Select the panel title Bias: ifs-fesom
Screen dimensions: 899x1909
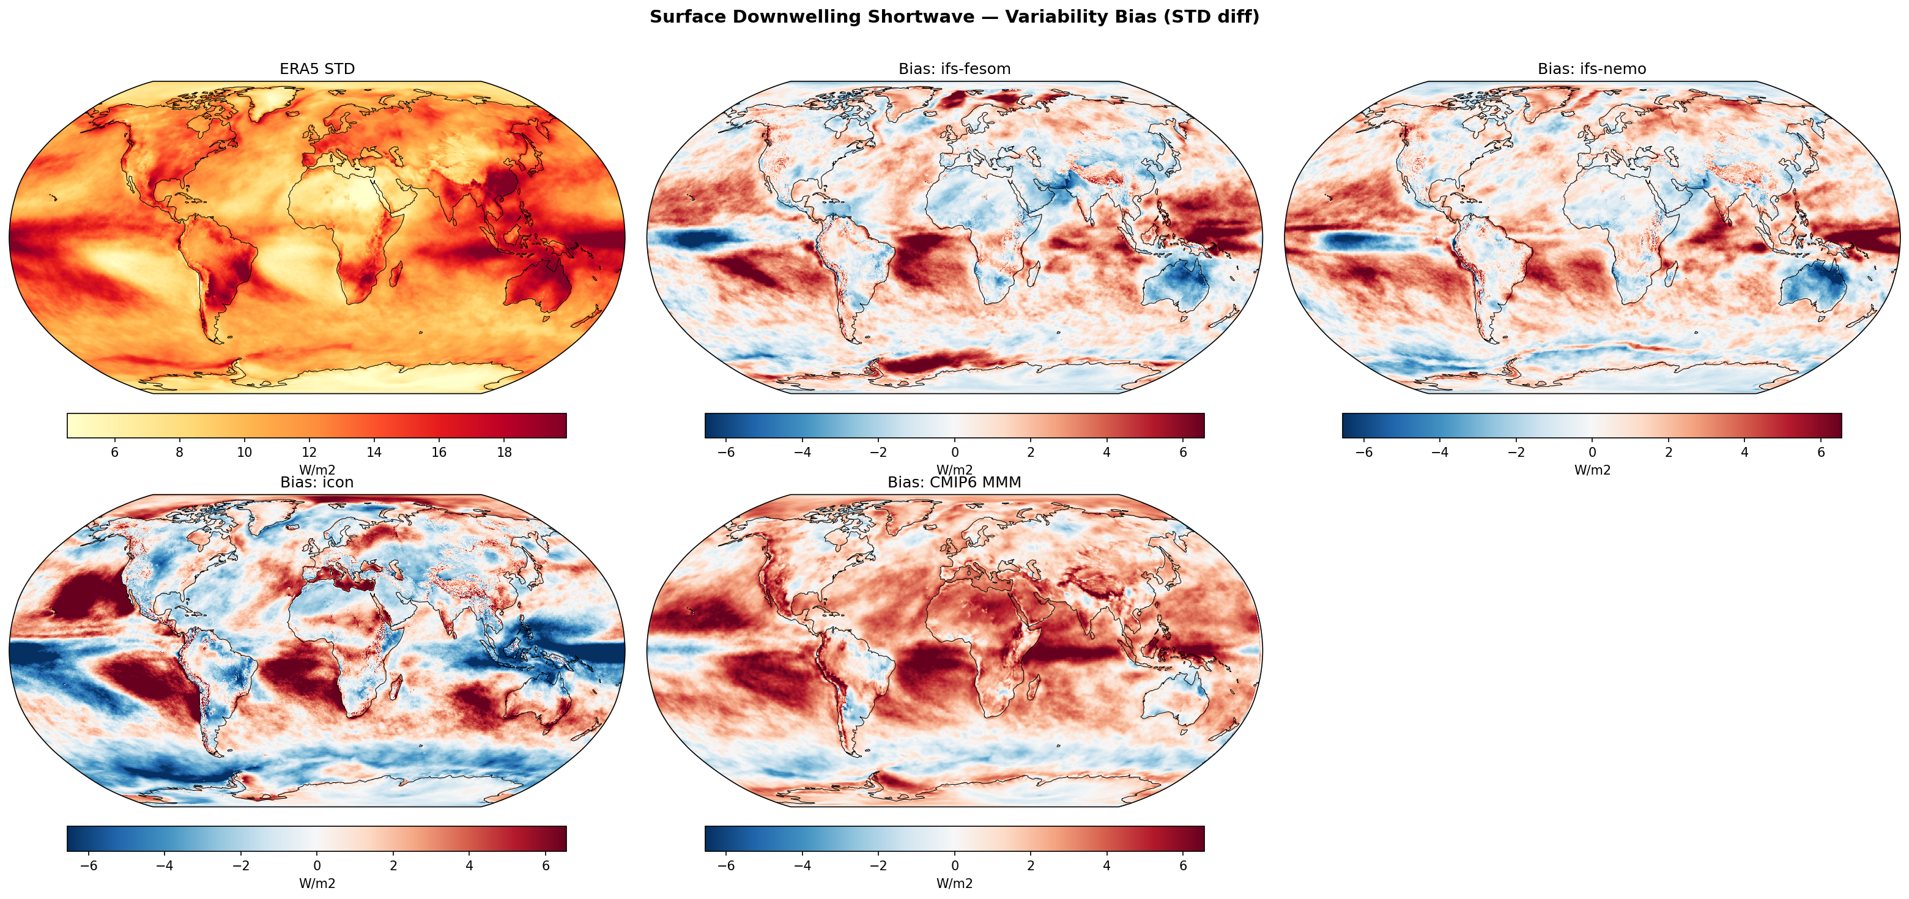tap(954, 69)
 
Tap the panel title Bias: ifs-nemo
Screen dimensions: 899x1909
tap(1591, 69)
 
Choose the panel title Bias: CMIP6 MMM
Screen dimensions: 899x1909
tap(954, 483)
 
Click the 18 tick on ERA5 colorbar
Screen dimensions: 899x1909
tap(504, 452)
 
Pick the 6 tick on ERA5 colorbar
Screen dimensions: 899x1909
tap(114, 452)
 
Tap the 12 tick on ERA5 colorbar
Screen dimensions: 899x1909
tap(309, 452)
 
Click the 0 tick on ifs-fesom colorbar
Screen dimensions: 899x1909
tap(954, 452)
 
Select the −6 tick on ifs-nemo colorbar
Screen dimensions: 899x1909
tap(1363, 452)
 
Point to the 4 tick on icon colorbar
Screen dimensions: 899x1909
tap(469, 865)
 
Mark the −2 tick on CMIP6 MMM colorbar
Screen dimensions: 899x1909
tap(878, 865)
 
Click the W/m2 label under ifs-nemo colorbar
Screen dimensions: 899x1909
tap(1592, 470)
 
